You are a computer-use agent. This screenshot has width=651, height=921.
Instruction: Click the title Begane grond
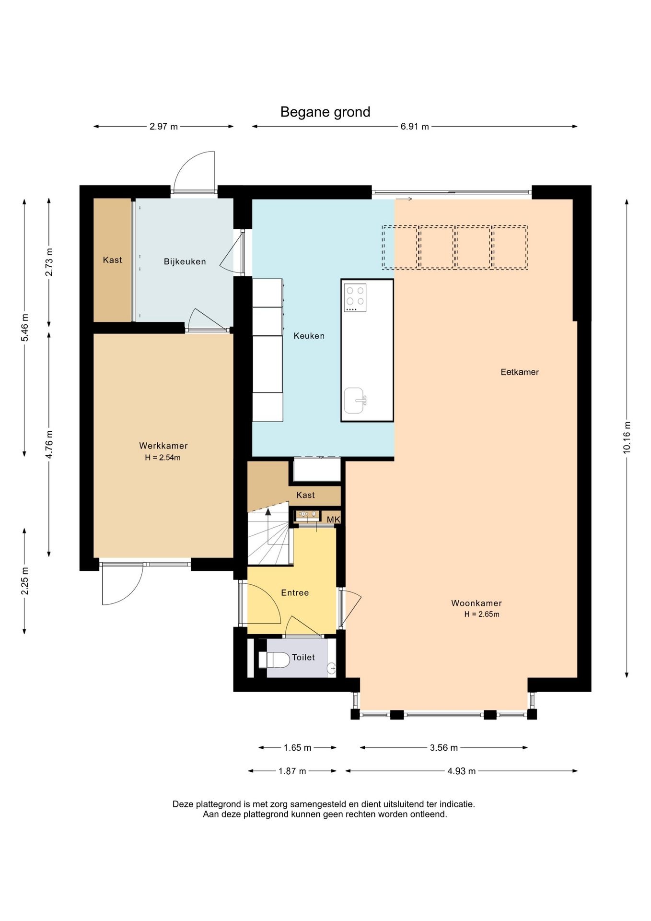pyautogui.click(x=325, y=112)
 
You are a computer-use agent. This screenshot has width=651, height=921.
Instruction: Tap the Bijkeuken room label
pyautogui.click(x=185, y=261)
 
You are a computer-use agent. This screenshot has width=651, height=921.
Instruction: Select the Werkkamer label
pyautogui.click(x=163, y=446)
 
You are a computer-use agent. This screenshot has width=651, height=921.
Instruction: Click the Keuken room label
pyautogui.click(x=309, y=336)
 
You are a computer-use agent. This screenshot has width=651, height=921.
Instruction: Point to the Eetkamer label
pyautogui.click(x=520, y=372)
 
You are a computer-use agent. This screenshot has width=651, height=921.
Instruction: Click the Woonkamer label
pyautogui.click(x=477, y=603)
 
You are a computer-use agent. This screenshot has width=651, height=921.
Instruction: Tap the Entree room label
pyautogui.click(x=295, y=592)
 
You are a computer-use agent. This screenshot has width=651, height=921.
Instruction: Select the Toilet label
pyautogui.click(x=303, y=657)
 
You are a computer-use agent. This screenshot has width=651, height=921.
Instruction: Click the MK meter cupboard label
pyautogui.click(x=333, y=520)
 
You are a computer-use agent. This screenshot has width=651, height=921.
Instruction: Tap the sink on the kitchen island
pyautogui.click(x=355, y=401)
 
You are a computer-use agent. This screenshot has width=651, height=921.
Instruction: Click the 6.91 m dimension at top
pyautogui.click(x=415, y=127)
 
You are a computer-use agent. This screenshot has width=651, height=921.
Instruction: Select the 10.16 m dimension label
pyautogui.click(x=627, y=437)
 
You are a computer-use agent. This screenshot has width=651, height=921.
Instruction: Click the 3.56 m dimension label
pyautogui.click(x=444, y=747)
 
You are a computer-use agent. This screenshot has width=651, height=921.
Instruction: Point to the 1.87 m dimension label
pyautogui.click(x=292, y=771)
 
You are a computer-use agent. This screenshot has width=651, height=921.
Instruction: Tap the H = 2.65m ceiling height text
pyautogui.click(x=482, y=614)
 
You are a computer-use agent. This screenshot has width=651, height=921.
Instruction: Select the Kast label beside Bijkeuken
pyautogui.click(x=113, y=260)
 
